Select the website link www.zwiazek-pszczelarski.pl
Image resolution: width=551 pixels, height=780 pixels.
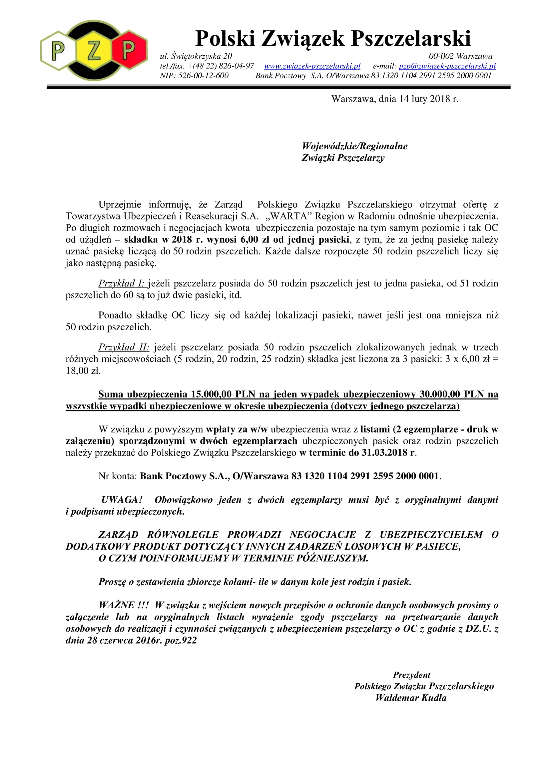tap(312, 66)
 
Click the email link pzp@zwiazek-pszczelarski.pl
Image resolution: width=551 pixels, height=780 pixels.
tap(447, 66)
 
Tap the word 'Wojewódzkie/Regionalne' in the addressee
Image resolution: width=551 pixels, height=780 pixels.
tap(354, 146)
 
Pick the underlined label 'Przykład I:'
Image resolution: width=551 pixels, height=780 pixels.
tap(122, 283)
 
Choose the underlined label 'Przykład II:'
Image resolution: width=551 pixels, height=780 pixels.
tap(124, 347)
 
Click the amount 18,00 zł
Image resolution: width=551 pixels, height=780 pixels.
tap(83, 370)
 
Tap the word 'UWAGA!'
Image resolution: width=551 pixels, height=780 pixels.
tap(122, 500)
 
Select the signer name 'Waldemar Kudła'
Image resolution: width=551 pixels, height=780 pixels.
tap(411, 698)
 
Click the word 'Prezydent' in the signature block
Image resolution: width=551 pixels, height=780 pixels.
tap(411, 675)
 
